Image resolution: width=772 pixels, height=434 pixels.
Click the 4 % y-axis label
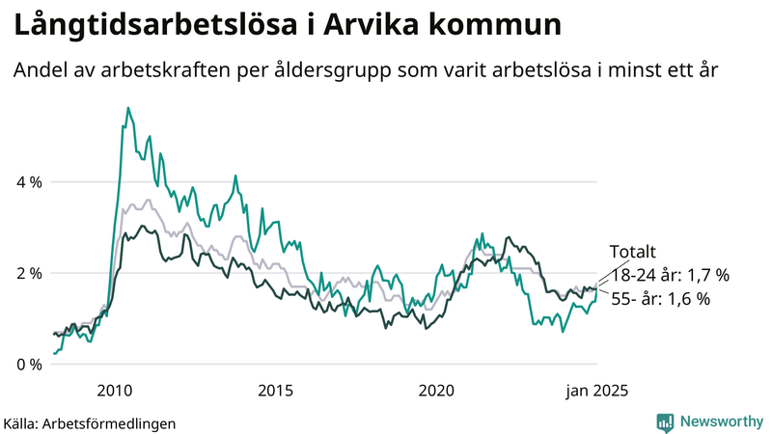tap(28, 181)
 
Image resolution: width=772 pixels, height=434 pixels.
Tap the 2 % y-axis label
tap(28, 273)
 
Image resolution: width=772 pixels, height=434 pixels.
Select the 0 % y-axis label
tap(28, 365)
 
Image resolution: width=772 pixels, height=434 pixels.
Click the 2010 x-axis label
tap(115, 391)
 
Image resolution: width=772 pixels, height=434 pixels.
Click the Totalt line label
tap(633, 253)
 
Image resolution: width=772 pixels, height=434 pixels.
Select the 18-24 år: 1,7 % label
tap(670, 275)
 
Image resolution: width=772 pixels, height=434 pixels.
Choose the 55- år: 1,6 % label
tap(661, 299)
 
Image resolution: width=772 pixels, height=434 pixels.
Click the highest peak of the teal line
tap(128, 109)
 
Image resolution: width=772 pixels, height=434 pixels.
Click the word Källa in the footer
tap(20, 422)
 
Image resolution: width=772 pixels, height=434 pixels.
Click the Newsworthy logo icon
tap(666, 420)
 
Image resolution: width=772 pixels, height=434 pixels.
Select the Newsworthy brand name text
tap(722, 420)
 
